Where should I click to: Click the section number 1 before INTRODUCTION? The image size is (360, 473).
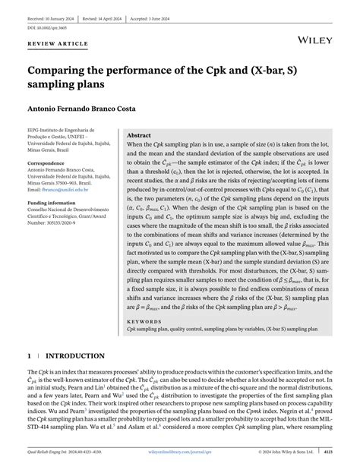(30, 355)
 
